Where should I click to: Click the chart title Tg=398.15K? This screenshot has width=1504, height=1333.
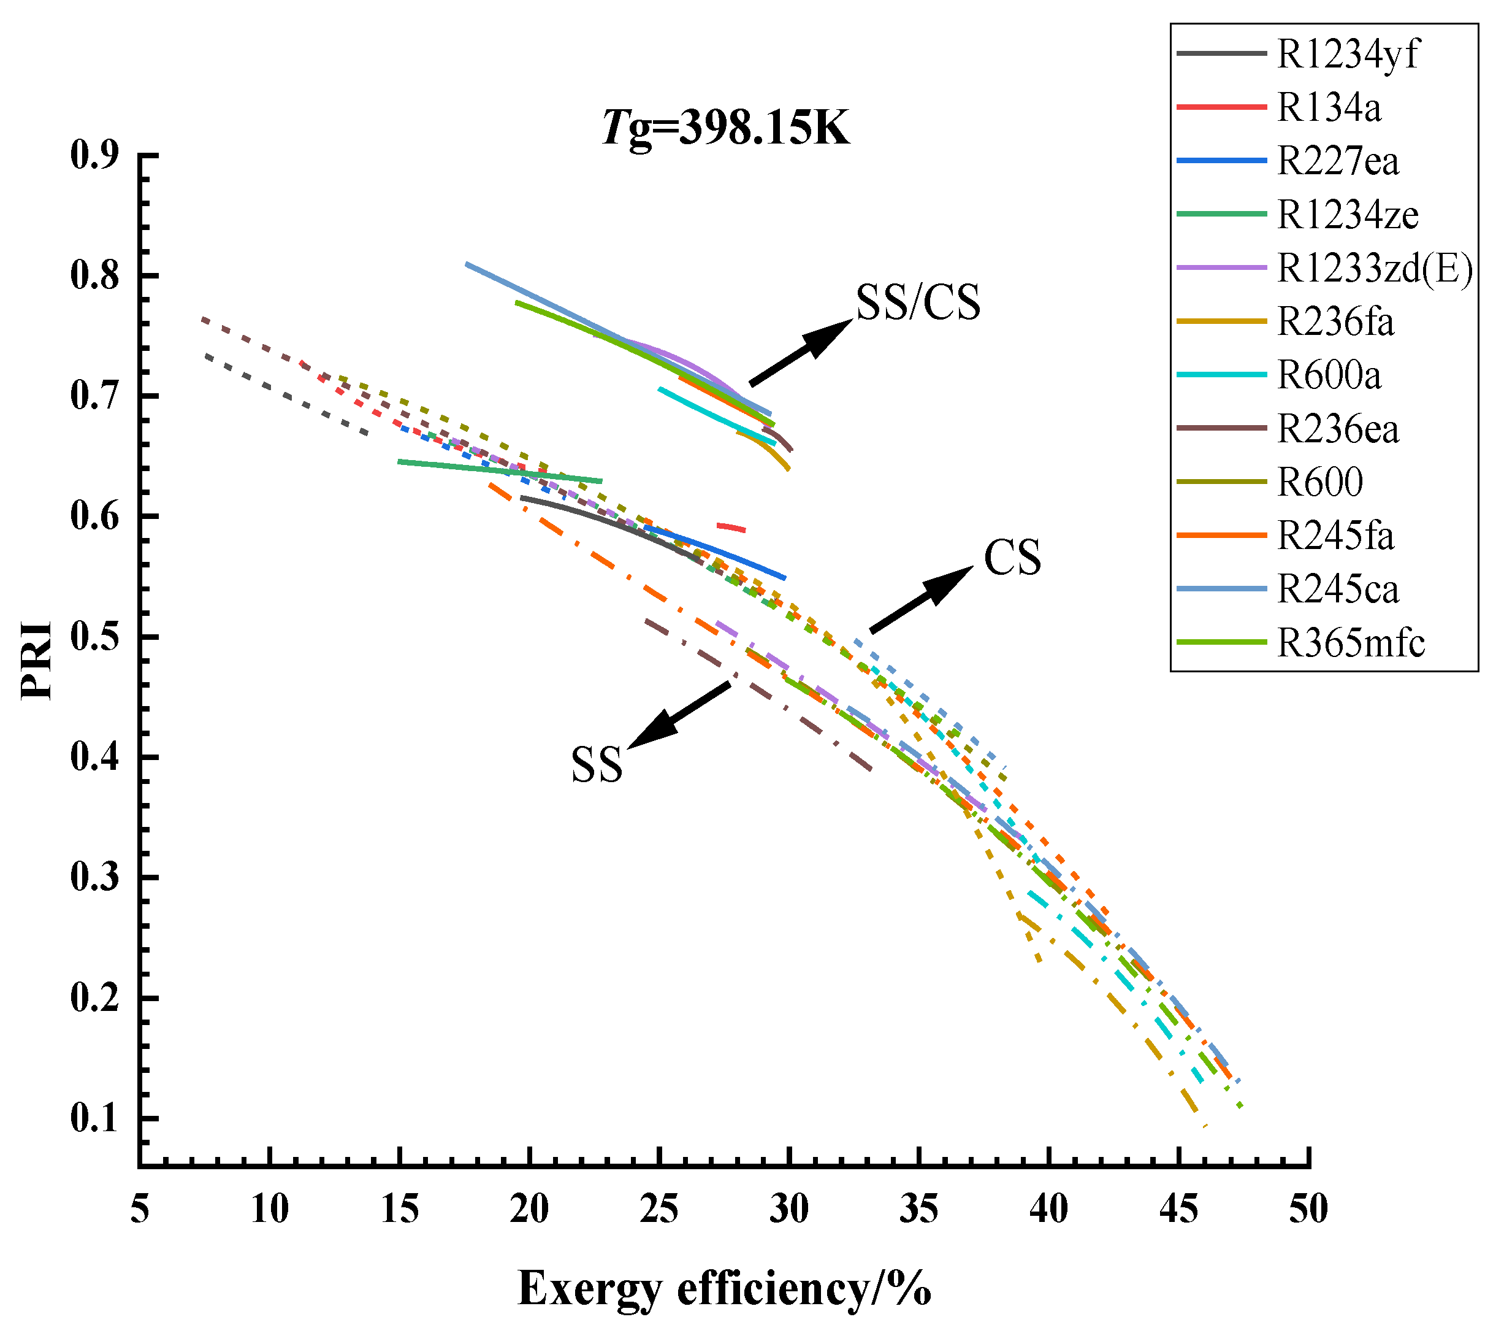[725, 128]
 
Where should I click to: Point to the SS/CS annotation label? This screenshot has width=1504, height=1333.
[918, 302]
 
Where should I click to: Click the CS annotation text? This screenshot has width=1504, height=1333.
[1012, 558]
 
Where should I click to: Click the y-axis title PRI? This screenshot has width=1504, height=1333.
[37, 660]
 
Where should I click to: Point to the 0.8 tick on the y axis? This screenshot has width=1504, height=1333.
[94, 277]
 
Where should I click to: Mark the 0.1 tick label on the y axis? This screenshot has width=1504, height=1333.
[94, 1120]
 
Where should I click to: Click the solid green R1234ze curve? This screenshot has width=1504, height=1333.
[500, 471]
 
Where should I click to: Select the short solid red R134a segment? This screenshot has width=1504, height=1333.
[731, 527]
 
